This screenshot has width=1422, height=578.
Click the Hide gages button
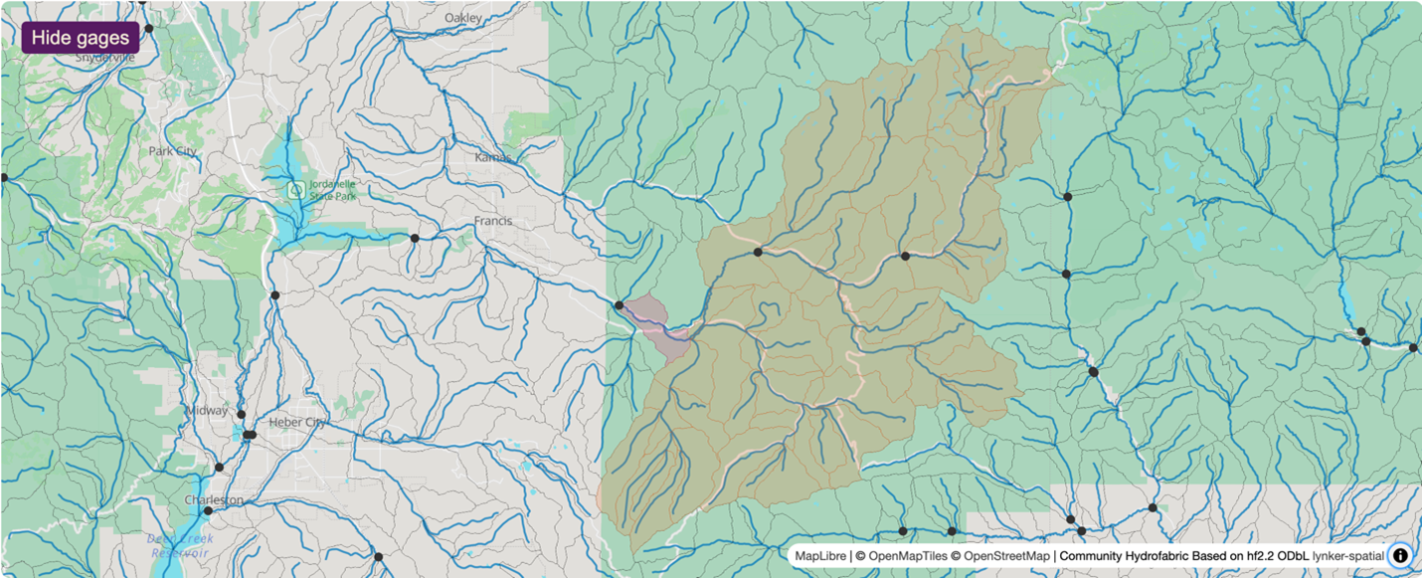pos(81,38)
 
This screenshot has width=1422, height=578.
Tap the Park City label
pos(173,151)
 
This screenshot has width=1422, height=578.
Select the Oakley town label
pos(463,18)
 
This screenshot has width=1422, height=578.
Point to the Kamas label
pos(493,157)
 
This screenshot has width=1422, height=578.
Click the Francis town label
pos(493,221)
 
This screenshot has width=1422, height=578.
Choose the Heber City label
pos(298,422)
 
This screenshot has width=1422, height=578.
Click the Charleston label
pos(214,499)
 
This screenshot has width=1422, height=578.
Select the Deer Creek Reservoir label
pos(180,545)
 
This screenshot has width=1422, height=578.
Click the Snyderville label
pos(104,58)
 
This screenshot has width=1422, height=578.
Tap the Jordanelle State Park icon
pos(295,188)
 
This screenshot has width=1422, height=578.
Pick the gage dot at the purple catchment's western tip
pos(619,305)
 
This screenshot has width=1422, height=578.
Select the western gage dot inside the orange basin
pos(758,253)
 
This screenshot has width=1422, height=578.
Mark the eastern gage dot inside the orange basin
pos(905,256)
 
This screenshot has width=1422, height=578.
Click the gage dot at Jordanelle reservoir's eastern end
pos(415,238)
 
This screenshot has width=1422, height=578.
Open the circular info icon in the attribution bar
pos(1400,556)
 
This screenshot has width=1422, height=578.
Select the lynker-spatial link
pos(1348,556)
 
